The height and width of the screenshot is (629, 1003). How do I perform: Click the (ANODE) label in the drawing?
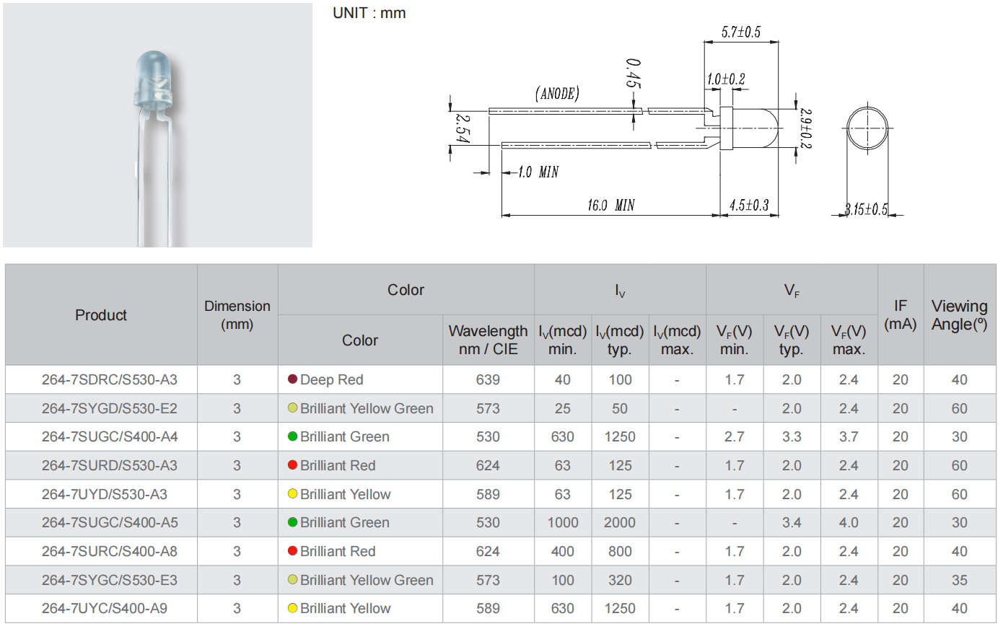[557, 93]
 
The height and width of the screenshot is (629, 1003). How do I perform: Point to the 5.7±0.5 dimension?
[740, 32]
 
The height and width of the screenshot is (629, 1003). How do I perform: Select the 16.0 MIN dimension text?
[610, 205]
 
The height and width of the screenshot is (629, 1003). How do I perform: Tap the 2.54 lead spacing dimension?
[463, 128]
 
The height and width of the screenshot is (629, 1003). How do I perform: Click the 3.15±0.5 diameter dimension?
[865, 209]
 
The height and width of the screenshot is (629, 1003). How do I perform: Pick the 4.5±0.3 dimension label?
[749, 205]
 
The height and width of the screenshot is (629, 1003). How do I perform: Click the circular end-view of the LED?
[867, 128]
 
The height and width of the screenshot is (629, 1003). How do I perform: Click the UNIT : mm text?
[369, 13]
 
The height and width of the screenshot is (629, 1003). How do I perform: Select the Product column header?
[101, 314]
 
